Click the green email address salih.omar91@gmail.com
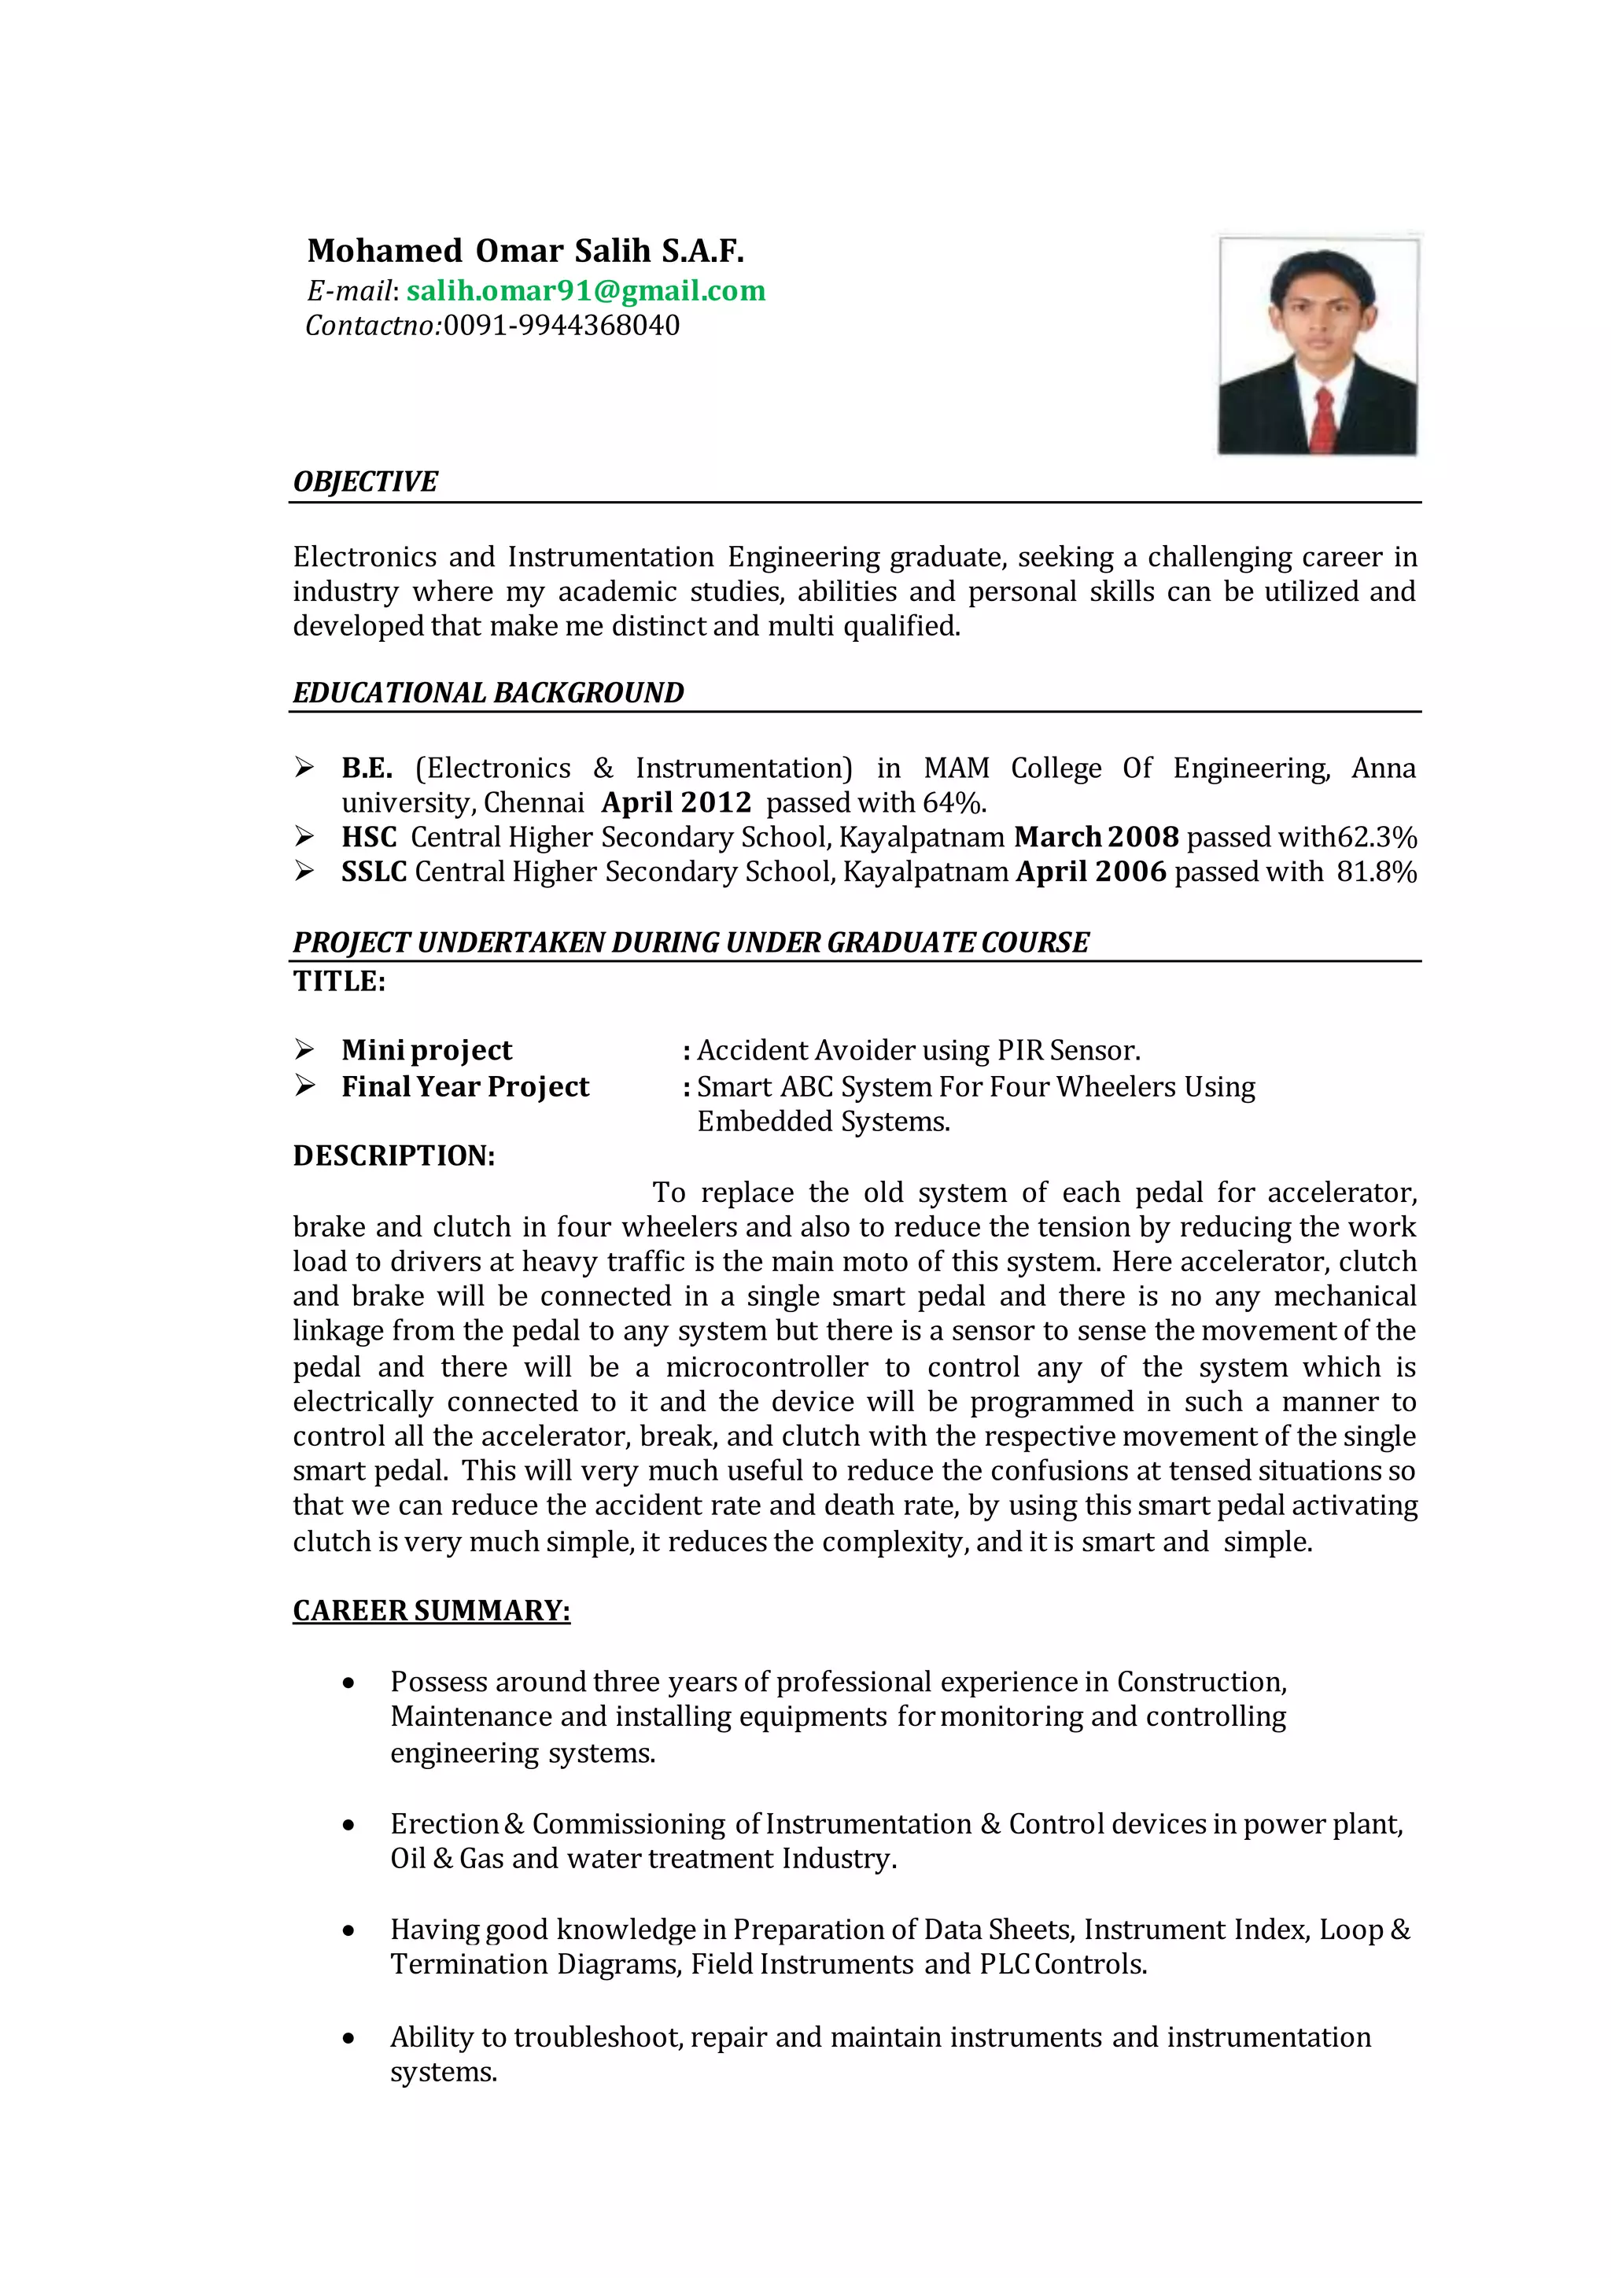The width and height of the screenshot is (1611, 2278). click(x=585, y=291)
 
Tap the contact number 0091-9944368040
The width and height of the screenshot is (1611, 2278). click(x=562, y=326)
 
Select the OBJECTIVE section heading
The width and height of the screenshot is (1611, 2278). click(x=365, y=482)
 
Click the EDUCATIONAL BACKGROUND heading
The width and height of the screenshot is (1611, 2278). click(x=488, y=692)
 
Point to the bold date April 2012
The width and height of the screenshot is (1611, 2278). click(x=676, y=802)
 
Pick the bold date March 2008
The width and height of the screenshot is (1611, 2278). click(x=1096, y=838)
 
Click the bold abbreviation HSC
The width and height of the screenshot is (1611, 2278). click(x=369, y=838)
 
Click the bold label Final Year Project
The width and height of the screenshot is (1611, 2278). click(x=465, y=1086)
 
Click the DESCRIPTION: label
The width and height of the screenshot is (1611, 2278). click(x=394, y=1156)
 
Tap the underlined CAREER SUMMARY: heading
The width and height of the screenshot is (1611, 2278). click(x=432, y=1610)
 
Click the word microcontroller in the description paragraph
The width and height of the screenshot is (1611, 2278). click(x=767, y=1367)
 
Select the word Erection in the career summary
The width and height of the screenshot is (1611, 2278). click(x=444, y=1823)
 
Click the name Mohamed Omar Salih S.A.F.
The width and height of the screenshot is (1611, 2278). click(x=525, y=251)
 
